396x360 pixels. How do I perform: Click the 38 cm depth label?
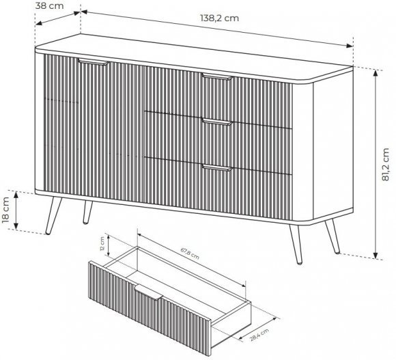pos(49,5)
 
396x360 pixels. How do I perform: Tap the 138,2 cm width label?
pos(219,18)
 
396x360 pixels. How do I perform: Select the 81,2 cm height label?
pos(385,164)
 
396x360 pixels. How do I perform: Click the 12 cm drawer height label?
pos(102,244)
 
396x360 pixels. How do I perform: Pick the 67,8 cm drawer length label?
pos(190,253)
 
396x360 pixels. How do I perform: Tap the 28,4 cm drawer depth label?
pos(259,335)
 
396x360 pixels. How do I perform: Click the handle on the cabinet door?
pos(94,62)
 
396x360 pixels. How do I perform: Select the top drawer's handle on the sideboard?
pos(217,77)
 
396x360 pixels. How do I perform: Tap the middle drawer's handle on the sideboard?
pos(217,122)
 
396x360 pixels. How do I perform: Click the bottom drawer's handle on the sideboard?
pos(217,167)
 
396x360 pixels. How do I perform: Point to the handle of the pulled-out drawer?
pos(148,292)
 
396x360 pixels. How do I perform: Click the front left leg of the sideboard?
pos(53,215)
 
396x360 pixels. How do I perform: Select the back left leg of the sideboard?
pos(87,212)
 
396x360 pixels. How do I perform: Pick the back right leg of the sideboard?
pos(333,236)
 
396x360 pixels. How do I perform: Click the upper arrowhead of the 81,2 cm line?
pos(376,73)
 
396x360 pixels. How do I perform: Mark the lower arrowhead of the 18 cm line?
pos(16,226)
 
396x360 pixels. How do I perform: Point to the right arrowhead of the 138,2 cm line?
pos(350,46)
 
